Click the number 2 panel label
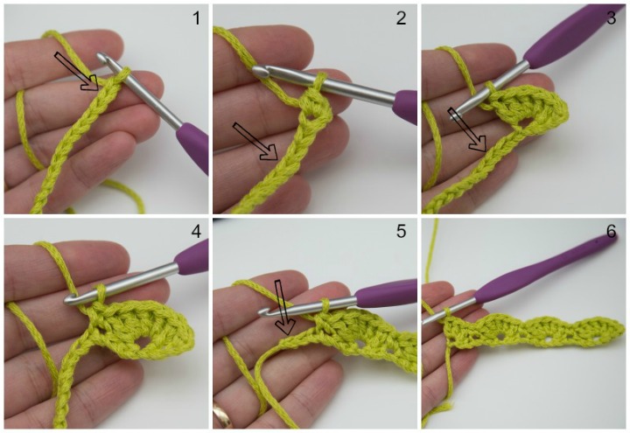(x=401, y=17)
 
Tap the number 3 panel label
(x=611, y=17)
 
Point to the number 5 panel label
(x=401, y=234)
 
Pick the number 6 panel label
(x=611, y=234)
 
